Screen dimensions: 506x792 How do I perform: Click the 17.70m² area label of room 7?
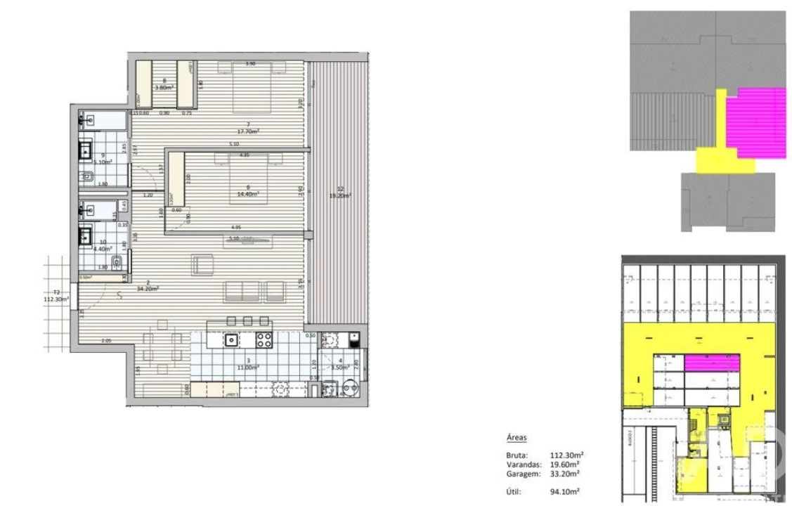point(249,131)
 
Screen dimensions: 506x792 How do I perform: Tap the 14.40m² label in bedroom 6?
point(249,193)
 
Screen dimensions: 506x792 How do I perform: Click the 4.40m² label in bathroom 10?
point(103,247)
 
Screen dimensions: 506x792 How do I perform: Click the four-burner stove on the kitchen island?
point(264,341)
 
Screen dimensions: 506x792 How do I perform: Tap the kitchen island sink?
point(231,341)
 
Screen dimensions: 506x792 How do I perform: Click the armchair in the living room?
point(202,266)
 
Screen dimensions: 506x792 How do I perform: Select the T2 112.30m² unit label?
point(56,297)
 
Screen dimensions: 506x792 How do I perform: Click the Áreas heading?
point(517,437)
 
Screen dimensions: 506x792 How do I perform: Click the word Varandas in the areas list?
point(521,465)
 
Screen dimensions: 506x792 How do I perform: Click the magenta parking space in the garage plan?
point(713,363)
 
